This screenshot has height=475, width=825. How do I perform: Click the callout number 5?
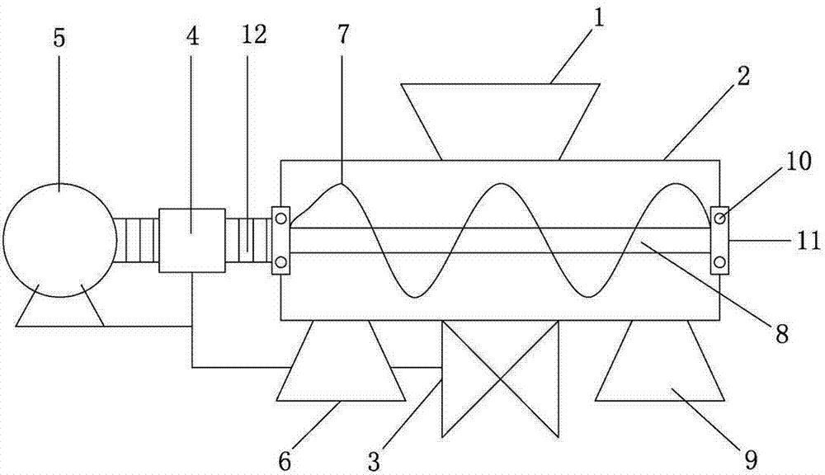point(59,39)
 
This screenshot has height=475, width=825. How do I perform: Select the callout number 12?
point(255,35)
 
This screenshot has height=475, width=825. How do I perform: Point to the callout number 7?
point(342,35)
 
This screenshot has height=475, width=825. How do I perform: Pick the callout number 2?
point(743,77)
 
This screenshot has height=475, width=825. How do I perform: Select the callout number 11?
point(808,242)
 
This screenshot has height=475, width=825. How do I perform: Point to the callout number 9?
point(752,460)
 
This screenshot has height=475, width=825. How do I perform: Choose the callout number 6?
point(285,461)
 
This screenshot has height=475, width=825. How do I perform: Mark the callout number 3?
point(374,461)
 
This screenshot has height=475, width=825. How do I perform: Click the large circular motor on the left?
point(59,240)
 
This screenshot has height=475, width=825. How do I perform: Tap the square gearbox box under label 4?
point(192,241)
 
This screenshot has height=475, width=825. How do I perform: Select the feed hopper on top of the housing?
point(501,121)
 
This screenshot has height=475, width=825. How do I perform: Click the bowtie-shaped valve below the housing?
point(500,379)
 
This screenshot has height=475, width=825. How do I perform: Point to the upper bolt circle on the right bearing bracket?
point(719,217)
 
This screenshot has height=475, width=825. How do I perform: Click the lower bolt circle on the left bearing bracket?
point(280,261)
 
